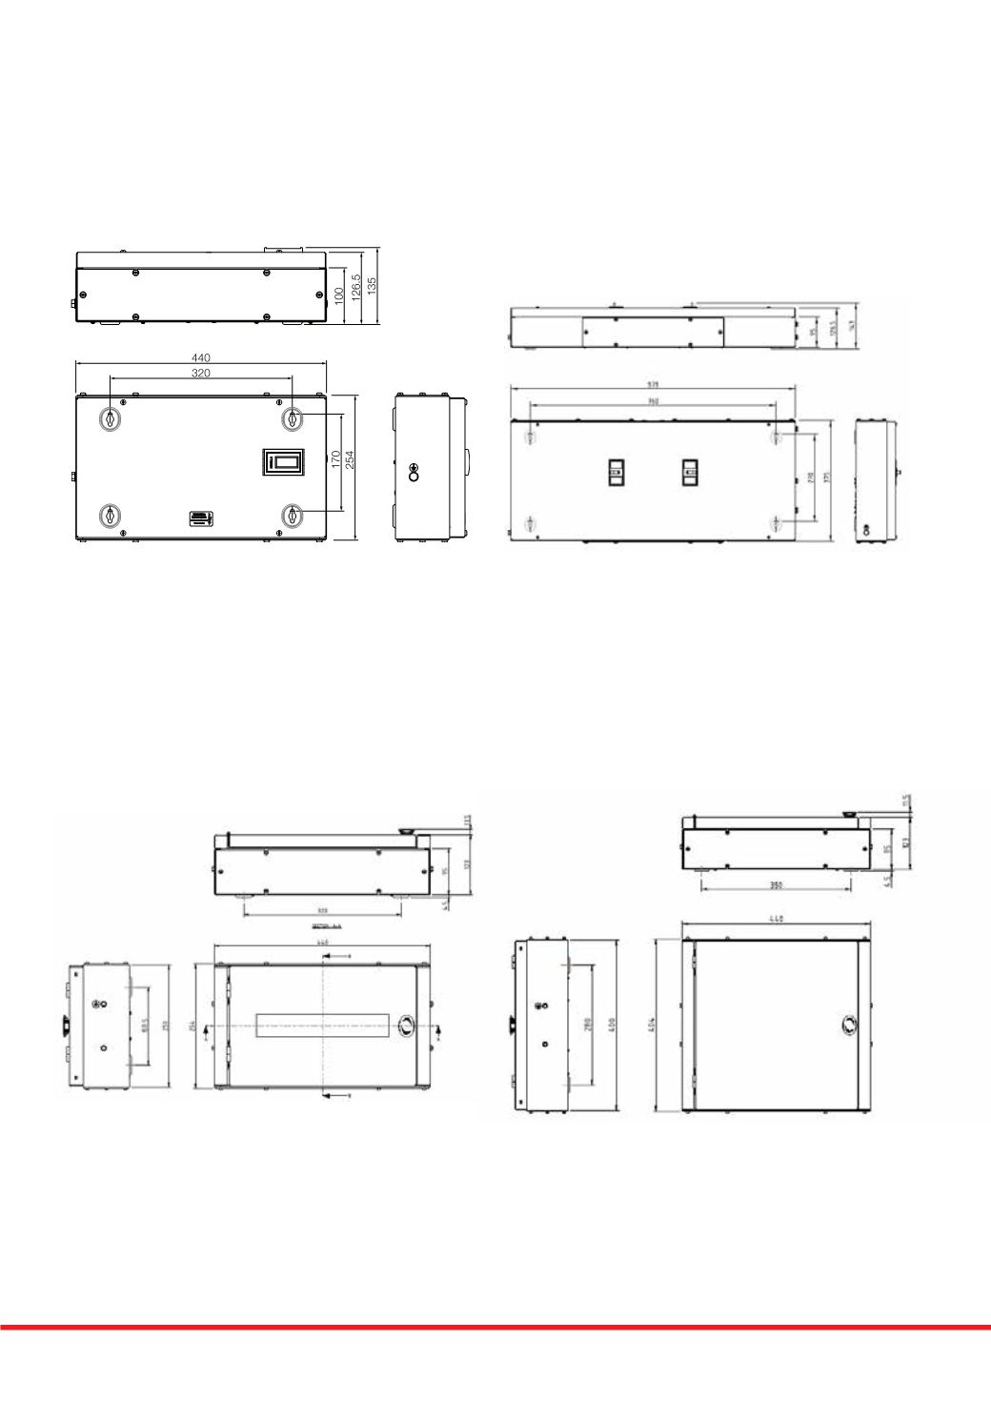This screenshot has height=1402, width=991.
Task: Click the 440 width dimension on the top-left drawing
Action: click(200, 357)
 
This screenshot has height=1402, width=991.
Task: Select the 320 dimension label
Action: click(201, 374)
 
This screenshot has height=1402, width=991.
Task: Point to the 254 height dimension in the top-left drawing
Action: click(350, 460)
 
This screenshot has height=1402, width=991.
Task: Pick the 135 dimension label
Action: click(373, 285)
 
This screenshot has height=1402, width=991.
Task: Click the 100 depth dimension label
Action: click(338, 296)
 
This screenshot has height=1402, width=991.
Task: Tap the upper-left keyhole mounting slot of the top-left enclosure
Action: click(111, 418)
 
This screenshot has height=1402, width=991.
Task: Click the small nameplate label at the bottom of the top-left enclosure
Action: click(200, 518)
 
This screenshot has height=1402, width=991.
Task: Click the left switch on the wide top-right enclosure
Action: click(616, 473)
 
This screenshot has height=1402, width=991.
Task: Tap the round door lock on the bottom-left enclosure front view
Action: click(405, 1026)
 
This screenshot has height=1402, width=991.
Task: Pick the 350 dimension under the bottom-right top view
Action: click(776, 885)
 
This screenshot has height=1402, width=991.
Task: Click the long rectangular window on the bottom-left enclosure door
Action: click(324, 1026)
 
